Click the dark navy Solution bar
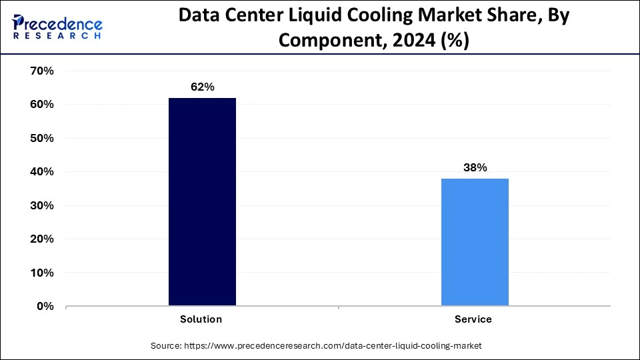[x=202, y=202]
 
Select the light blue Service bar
[x=475, y=242]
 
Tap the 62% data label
[x=202, y=87]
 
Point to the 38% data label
[x=475, y=168]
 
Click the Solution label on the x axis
[x=201, y=319]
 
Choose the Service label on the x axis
[x=473, y=319]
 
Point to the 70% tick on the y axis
[x=41, y=71]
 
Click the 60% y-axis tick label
[x=41, y=105]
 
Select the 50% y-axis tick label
[x=41, y=138]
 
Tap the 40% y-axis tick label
[x=41, y=172]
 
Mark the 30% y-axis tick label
[x=41, y=205]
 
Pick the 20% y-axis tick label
[x=41, y=239]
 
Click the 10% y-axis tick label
[x=41, y=273]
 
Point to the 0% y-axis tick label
[x=44, y=307]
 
